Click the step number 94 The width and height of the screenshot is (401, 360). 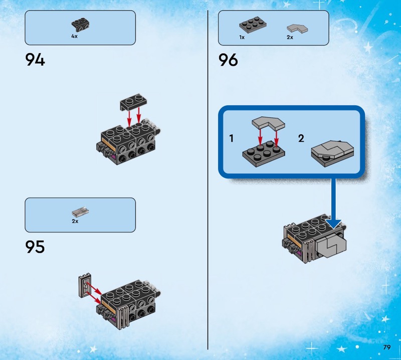[x=35, y=60]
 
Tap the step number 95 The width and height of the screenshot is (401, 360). [x=35, y=247]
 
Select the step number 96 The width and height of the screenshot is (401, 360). [x=228, y=60]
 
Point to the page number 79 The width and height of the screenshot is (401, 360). [x=387, y=347]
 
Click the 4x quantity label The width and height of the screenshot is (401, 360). [x=74, y=36]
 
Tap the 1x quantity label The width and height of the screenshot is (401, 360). [x=242, y=38]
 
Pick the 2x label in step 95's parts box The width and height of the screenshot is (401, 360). [x=75, y=221]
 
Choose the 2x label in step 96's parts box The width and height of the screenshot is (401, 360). [x=290, y=38]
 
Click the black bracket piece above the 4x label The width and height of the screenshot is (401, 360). [x=80, y=24]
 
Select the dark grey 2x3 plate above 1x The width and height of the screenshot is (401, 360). [x=253, y=25]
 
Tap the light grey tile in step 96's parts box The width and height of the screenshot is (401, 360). [x=297, y=29]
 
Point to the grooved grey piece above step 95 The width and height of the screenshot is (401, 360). [x=80, y=212]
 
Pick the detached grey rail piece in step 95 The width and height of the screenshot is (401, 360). [x=85, y=285]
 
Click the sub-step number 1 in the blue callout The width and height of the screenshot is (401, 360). [x=232, y=138]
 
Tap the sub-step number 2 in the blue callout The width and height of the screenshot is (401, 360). [x=301, y=138]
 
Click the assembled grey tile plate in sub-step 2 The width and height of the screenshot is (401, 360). [x=332, y=153]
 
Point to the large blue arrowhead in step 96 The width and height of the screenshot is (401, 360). [x=334, y=224]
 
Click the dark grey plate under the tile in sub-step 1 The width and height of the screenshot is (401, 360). [x=264, y=153]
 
